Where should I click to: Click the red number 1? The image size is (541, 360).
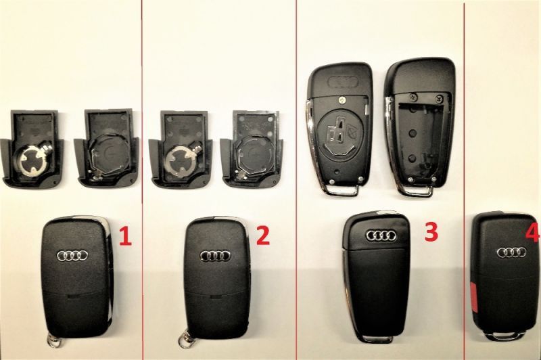(x=124, y=236)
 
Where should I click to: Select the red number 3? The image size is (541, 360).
(x=430, y=231)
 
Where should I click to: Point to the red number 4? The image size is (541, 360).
(x=533, y=234)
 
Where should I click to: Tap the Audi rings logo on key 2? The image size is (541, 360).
(x=215, y=256)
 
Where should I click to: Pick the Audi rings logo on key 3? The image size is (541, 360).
(x=381, y=236)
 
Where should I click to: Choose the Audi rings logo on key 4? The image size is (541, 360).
(x=511, y=252)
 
